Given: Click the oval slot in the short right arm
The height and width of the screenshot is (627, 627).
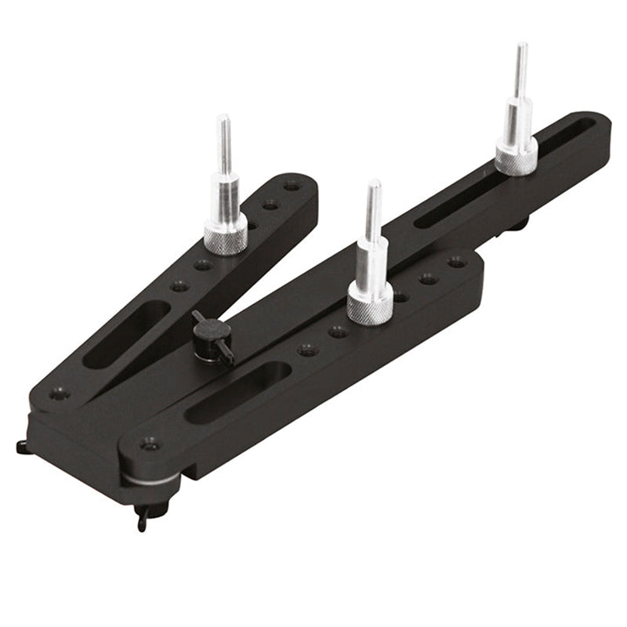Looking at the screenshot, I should [238, 393].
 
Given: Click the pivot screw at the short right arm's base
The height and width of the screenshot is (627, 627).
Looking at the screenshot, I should [149, 445].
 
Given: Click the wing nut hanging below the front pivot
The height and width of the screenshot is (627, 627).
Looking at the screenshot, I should [142, 517].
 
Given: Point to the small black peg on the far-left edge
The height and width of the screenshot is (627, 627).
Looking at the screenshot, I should [20, 446].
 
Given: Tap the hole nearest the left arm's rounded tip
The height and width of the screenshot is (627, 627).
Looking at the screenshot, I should [292, 187].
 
